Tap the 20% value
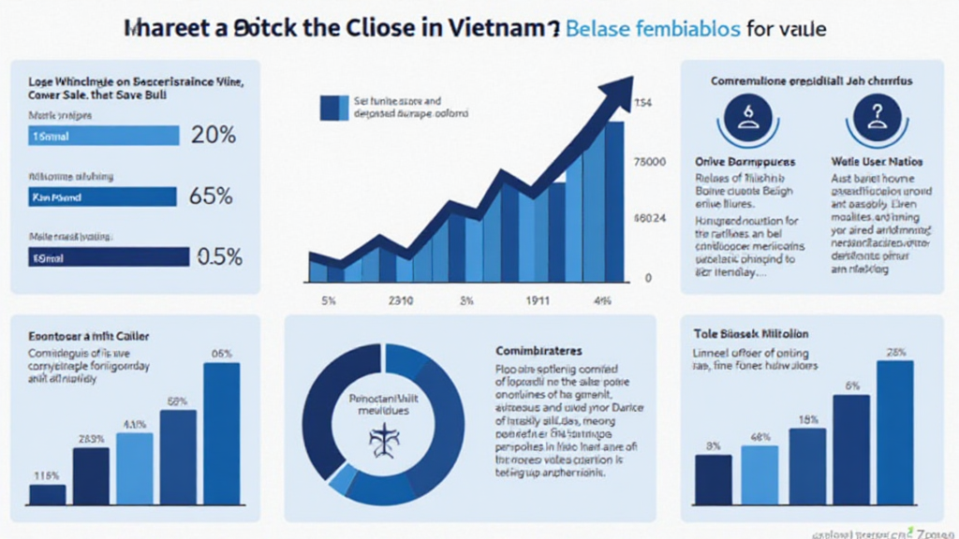coord(214,135)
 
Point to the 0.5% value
coord(217,256)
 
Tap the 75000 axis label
coord(650,162)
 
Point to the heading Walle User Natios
coord(877,162)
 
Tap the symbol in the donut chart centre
coord(384,438)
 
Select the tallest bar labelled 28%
coord(894,432)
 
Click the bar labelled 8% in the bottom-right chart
coord(714,479)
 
